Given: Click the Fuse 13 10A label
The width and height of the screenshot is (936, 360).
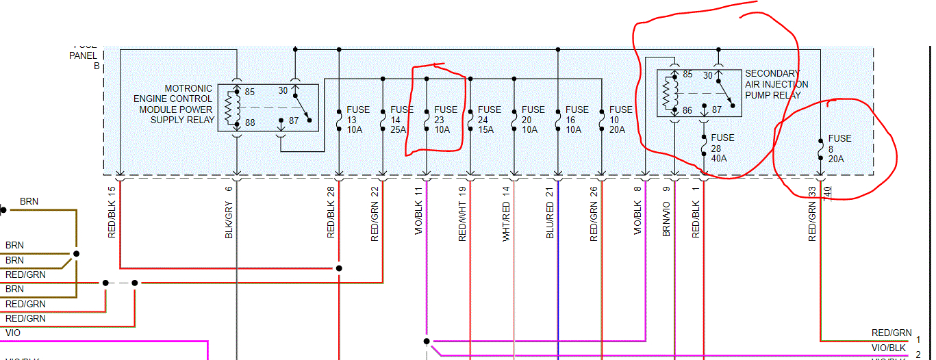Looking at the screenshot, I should tap(358, 119).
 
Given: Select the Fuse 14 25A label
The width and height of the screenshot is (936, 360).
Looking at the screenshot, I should tap(402, 119).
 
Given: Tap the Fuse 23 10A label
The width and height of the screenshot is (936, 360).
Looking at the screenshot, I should tap(446, 119).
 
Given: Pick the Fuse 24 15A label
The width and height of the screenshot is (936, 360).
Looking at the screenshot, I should tap(490, 119).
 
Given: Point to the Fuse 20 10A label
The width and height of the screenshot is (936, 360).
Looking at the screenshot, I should tap(533, 119).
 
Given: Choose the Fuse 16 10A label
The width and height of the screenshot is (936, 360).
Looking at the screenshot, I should tap(577, 119).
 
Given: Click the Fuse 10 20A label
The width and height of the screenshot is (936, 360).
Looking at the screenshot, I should tap(621, 119).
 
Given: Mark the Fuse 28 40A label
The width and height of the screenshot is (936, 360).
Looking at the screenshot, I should tap(722, 148).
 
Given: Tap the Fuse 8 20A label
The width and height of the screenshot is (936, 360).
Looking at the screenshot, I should tap(839, 149).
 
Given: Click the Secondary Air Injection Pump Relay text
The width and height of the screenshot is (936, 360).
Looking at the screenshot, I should tap(776, 84).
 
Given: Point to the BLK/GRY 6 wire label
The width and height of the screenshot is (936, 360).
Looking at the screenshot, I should tap(229, 212).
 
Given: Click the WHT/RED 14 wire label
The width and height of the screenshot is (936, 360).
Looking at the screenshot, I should tap(506, 212).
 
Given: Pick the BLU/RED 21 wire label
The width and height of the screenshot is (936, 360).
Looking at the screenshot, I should tap(550, 212).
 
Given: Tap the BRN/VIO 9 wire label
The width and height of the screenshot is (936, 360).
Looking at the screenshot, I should tap(666, 212).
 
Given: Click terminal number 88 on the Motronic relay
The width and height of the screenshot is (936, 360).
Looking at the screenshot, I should tap(249, 123).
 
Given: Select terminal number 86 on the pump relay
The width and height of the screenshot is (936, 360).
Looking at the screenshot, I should tap(687, 110).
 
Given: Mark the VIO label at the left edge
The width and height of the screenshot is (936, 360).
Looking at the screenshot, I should tap(13, 333).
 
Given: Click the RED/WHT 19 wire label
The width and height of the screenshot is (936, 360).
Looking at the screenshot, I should tap(462, 212).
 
